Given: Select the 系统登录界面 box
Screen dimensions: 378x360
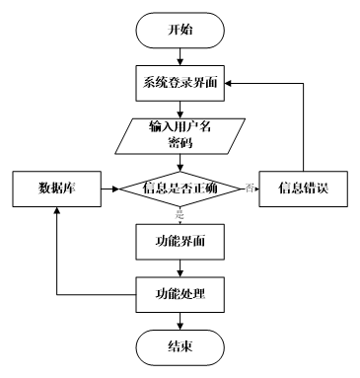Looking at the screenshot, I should (179, 81).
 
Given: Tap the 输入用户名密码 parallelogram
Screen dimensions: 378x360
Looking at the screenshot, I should (179, 134).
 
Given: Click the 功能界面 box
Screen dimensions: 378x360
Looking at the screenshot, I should (179, 240).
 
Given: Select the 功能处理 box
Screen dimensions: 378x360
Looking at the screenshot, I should (179, 293).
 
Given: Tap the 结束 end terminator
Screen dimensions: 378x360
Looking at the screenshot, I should (179, 345).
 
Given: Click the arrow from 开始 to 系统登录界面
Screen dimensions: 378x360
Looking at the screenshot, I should (179, 54).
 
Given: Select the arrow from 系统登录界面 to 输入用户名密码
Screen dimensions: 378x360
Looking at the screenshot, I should (179, 107).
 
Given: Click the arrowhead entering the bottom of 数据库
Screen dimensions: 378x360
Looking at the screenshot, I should (55, 208).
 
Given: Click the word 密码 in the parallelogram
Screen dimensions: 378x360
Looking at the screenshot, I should (179, 142).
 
